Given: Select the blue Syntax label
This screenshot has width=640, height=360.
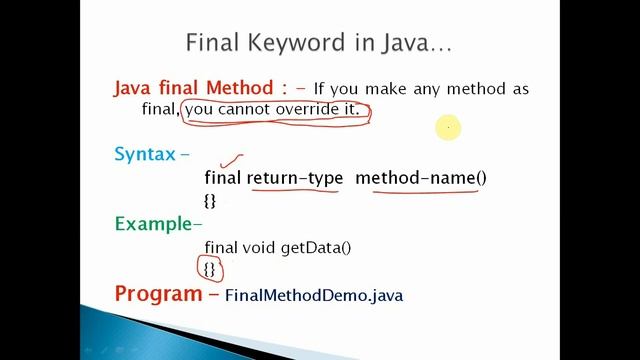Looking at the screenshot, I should [x=145, y=154].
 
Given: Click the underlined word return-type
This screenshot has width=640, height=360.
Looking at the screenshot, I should [x=295, y=178].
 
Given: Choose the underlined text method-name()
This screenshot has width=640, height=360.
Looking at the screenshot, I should [x=421, y=178].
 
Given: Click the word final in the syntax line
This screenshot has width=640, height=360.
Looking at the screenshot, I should [x=223, y=178].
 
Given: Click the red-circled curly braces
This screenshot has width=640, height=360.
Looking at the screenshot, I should [x=210, y=269].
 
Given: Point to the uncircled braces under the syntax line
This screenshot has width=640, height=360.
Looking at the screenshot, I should [x=210, y=200].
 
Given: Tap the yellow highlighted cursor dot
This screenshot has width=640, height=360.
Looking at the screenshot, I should [x=448, y=127].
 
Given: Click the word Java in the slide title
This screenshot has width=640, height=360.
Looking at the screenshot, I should [x=400, y=44].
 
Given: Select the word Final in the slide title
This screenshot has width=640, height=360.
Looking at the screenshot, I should [x=210, y=44].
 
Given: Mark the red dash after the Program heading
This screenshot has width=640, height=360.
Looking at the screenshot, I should [x=214, y=295].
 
